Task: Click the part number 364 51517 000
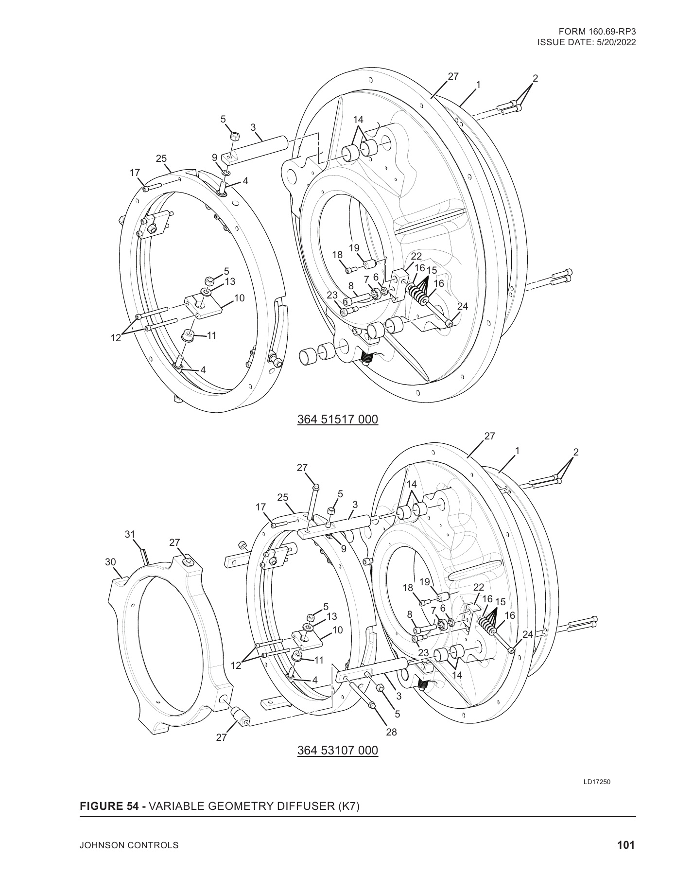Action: pos(337,419)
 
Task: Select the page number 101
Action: pos(626,845)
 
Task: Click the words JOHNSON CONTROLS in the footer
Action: pos(129,845)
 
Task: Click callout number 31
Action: pos(130,535)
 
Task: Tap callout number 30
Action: pos(111,562)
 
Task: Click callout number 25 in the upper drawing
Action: pos(161,158)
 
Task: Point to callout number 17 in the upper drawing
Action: pos(135,172)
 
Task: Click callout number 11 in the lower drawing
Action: pos(319,660)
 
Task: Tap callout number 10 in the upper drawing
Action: pos(239,298)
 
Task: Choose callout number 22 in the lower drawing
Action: pos(479,587)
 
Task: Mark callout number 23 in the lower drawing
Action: pos(423,653)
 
